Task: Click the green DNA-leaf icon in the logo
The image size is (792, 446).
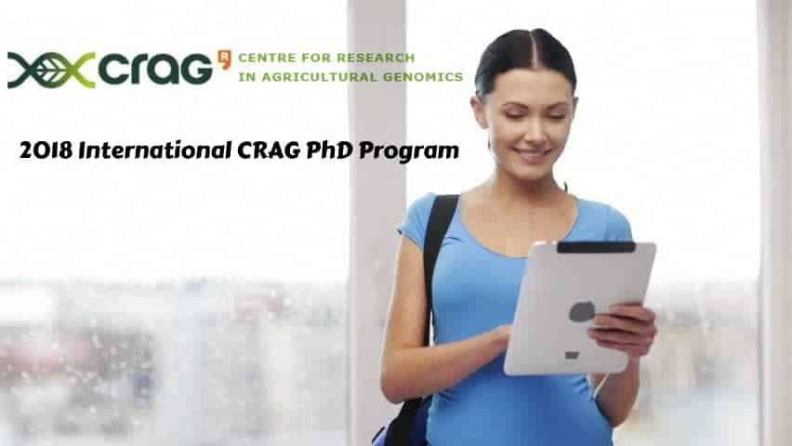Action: (51, 70)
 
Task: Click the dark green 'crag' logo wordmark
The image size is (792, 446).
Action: (155, 69)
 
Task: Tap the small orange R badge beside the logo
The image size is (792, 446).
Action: (224, 59)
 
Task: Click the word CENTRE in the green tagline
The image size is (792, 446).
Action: (259, 58)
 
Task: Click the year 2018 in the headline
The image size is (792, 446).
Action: (46, 151)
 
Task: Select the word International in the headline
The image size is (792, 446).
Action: (155, 150)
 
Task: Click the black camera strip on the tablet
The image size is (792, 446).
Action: (596, 247)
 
